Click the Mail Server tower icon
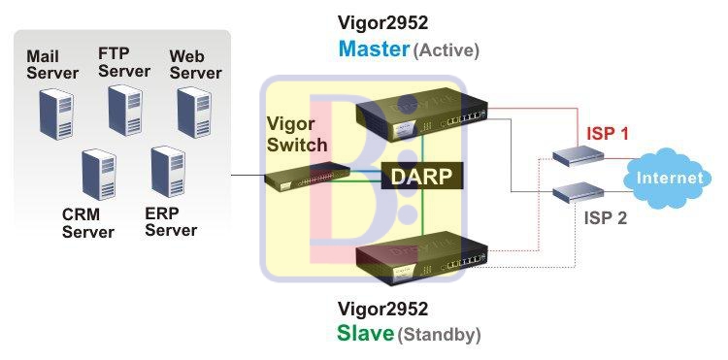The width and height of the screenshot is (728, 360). [x=54, y=113]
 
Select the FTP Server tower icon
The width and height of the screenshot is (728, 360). [x=125, y=110]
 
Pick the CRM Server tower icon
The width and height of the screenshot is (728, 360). [x=97, y=175]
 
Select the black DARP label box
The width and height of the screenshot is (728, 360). [x=421, y=176]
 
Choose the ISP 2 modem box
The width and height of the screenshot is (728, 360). [x=577, y=191]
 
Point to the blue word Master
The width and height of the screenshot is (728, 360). [x=374, y=49]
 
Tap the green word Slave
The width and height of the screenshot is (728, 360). [x=365, y=334]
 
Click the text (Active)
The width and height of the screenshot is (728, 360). [x=447, y=49]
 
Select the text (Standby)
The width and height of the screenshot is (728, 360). [x=439, y=335]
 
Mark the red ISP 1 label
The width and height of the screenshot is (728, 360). [x=610, y=133]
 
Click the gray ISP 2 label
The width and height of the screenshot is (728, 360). [x=606, y=217]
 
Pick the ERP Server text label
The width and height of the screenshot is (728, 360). [x=170, y=220]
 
